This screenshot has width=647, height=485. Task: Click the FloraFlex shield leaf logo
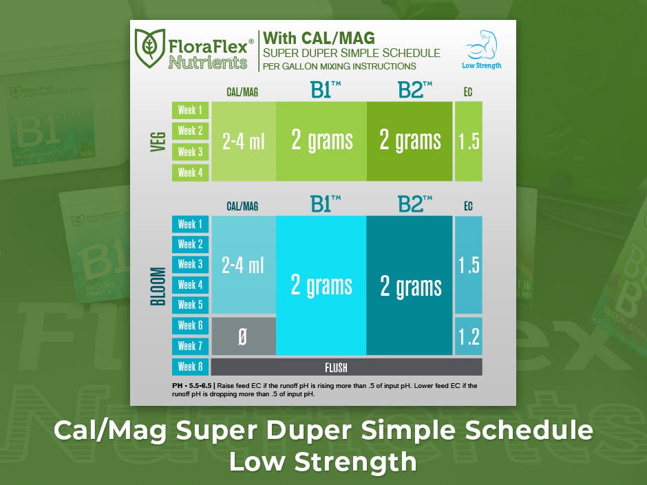pos(150,48)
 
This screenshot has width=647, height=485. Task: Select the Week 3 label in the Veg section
pos(190,152)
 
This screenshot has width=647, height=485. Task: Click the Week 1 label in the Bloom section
pos(190,224)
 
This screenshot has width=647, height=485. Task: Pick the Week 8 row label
pos(190,366)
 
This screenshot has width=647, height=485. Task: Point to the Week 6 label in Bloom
pos(190,325)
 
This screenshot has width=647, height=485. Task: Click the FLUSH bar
pos(347,367)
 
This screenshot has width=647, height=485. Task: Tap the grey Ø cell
pos(244,336)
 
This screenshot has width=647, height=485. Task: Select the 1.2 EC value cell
pos(469,336)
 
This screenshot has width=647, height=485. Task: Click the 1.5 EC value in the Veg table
pos(469,142)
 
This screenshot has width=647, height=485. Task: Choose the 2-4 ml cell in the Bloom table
pos(244,265)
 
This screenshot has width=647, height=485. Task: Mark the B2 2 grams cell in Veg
pos(410,142)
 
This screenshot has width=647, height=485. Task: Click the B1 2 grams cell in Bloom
pos(321,285)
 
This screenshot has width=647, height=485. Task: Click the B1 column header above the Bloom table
pos(326,204)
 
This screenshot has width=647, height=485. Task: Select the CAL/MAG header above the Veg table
pos(242,92)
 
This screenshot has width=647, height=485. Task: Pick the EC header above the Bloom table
pos(468,206)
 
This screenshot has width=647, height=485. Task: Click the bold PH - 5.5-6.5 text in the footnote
pos(192,386)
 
